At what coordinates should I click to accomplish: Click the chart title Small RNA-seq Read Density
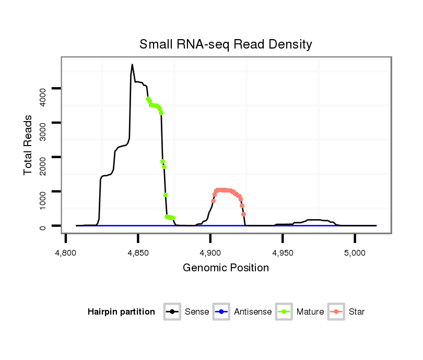point(226,44)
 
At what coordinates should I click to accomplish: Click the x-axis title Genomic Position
point(226,268)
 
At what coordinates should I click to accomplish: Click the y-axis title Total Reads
point(28,145)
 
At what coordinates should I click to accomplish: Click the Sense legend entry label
point(197,312)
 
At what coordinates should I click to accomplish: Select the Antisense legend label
point(253,312)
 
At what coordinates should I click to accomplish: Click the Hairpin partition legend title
point(121,312)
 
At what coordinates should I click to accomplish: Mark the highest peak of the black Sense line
point(132,65)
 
